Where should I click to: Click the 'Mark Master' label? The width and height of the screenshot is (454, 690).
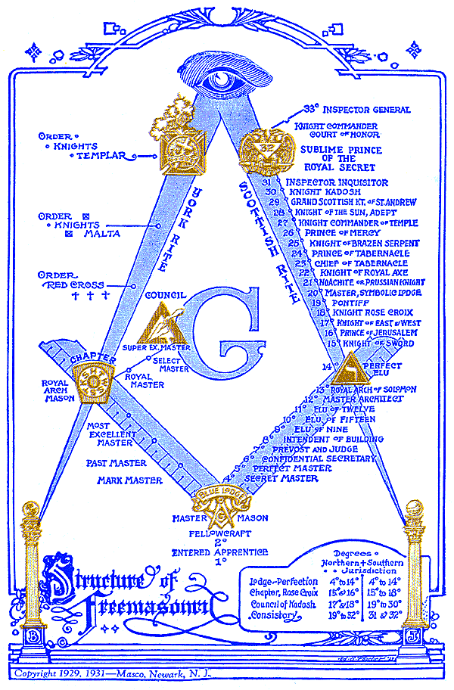click(x=129, y=480)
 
